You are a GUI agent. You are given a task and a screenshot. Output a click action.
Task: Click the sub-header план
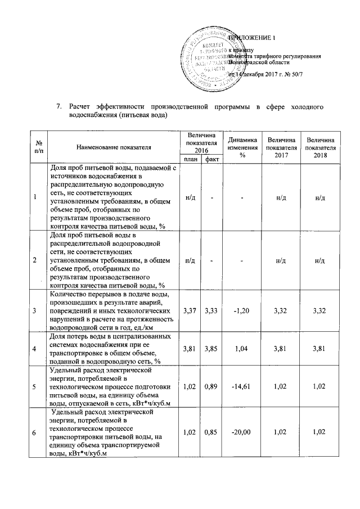click(190, 159)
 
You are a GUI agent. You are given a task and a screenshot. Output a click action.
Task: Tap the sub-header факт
click(212, 159)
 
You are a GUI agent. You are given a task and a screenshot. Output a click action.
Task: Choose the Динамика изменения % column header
click(242, 147)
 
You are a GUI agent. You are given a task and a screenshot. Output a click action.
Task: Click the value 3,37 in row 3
click(190, 310)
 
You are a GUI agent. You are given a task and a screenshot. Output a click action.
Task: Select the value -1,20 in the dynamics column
click(242, 310)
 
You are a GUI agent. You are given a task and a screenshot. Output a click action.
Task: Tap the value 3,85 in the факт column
click(212, 349)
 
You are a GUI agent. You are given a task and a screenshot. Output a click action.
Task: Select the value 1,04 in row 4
click(242, 349)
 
